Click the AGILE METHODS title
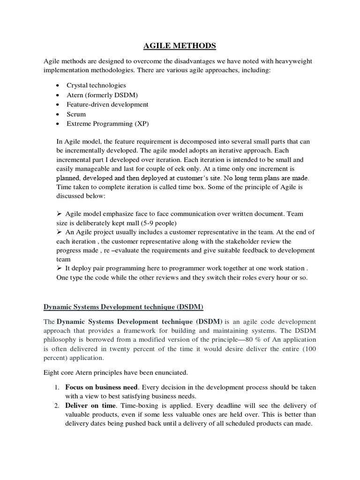pos(180,45)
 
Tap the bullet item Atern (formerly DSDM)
pos(100,95)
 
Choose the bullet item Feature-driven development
pos(107,104)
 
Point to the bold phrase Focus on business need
pos(101,388)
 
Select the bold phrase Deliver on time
pos(88,405)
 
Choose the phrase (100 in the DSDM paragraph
pos(309,349)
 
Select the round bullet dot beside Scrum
pos(57,114)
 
